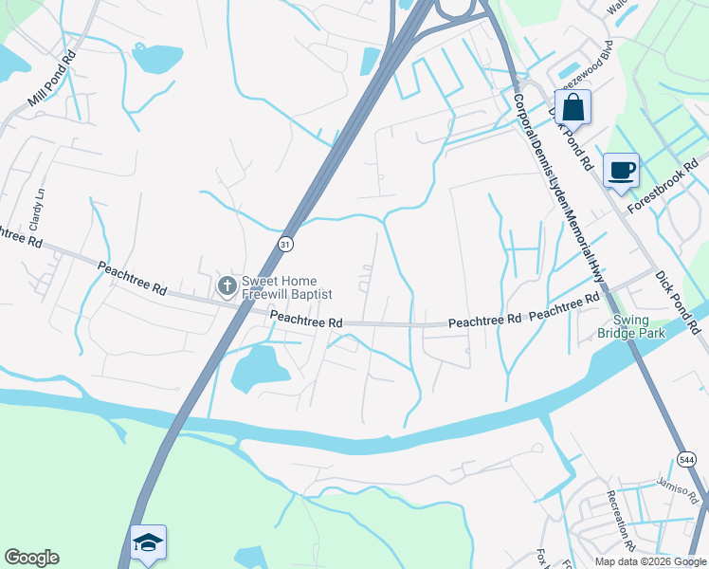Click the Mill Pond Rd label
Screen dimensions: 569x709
pos(52,78)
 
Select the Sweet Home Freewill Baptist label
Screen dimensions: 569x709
pos(286,287)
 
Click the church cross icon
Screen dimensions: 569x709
pos(227,285)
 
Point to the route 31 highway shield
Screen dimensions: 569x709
pos(286,245)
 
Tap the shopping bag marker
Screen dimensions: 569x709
pos(573,106)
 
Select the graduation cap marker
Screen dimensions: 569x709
pos(148,542)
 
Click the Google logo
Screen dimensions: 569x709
pos(31,558)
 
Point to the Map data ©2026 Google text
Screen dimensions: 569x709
pos(651,561)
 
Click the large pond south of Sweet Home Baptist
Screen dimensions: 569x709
pos(256,368)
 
